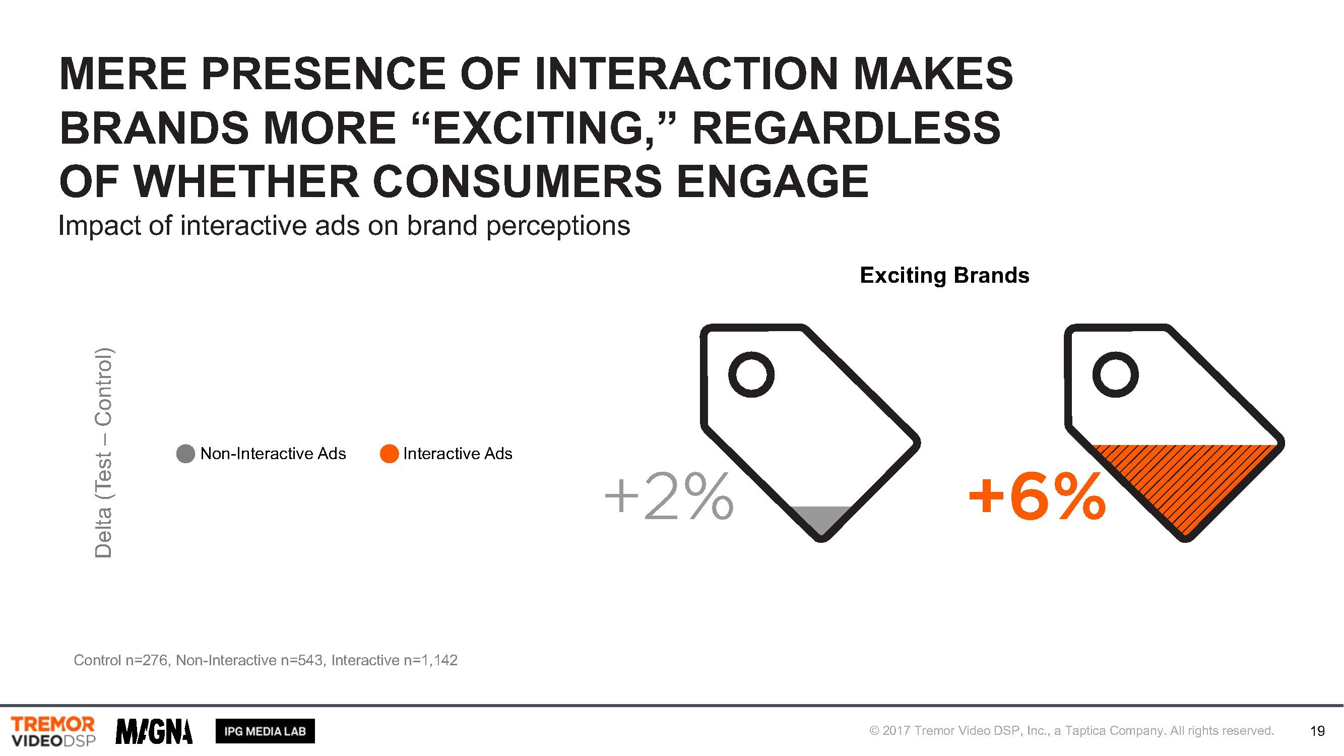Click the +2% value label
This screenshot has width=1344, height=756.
point(669,496)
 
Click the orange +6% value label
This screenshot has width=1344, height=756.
point(1037,496)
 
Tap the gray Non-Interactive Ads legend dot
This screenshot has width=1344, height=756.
point(186,454)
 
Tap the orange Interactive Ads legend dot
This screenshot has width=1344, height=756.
point(389,454)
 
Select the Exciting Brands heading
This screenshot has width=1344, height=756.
point(944,276)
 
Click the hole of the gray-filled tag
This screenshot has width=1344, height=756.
point(751,374)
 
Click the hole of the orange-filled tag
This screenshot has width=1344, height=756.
point(1116,374)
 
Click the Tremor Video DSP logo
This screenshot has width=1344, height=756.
point(53,731)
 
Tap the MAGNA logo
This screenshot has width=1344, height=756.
point(154,731)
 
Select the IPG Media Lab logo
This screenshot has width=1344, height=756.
point(265,731)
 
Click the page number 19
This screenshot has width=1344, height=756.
point(1317,731)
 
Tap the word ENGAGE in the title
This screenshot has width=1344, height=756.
point(772,181)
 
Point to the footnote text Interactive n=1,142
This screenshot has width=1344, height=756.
point(395,661)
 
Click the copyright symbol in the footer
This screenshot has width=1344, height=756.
point(874,731)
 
